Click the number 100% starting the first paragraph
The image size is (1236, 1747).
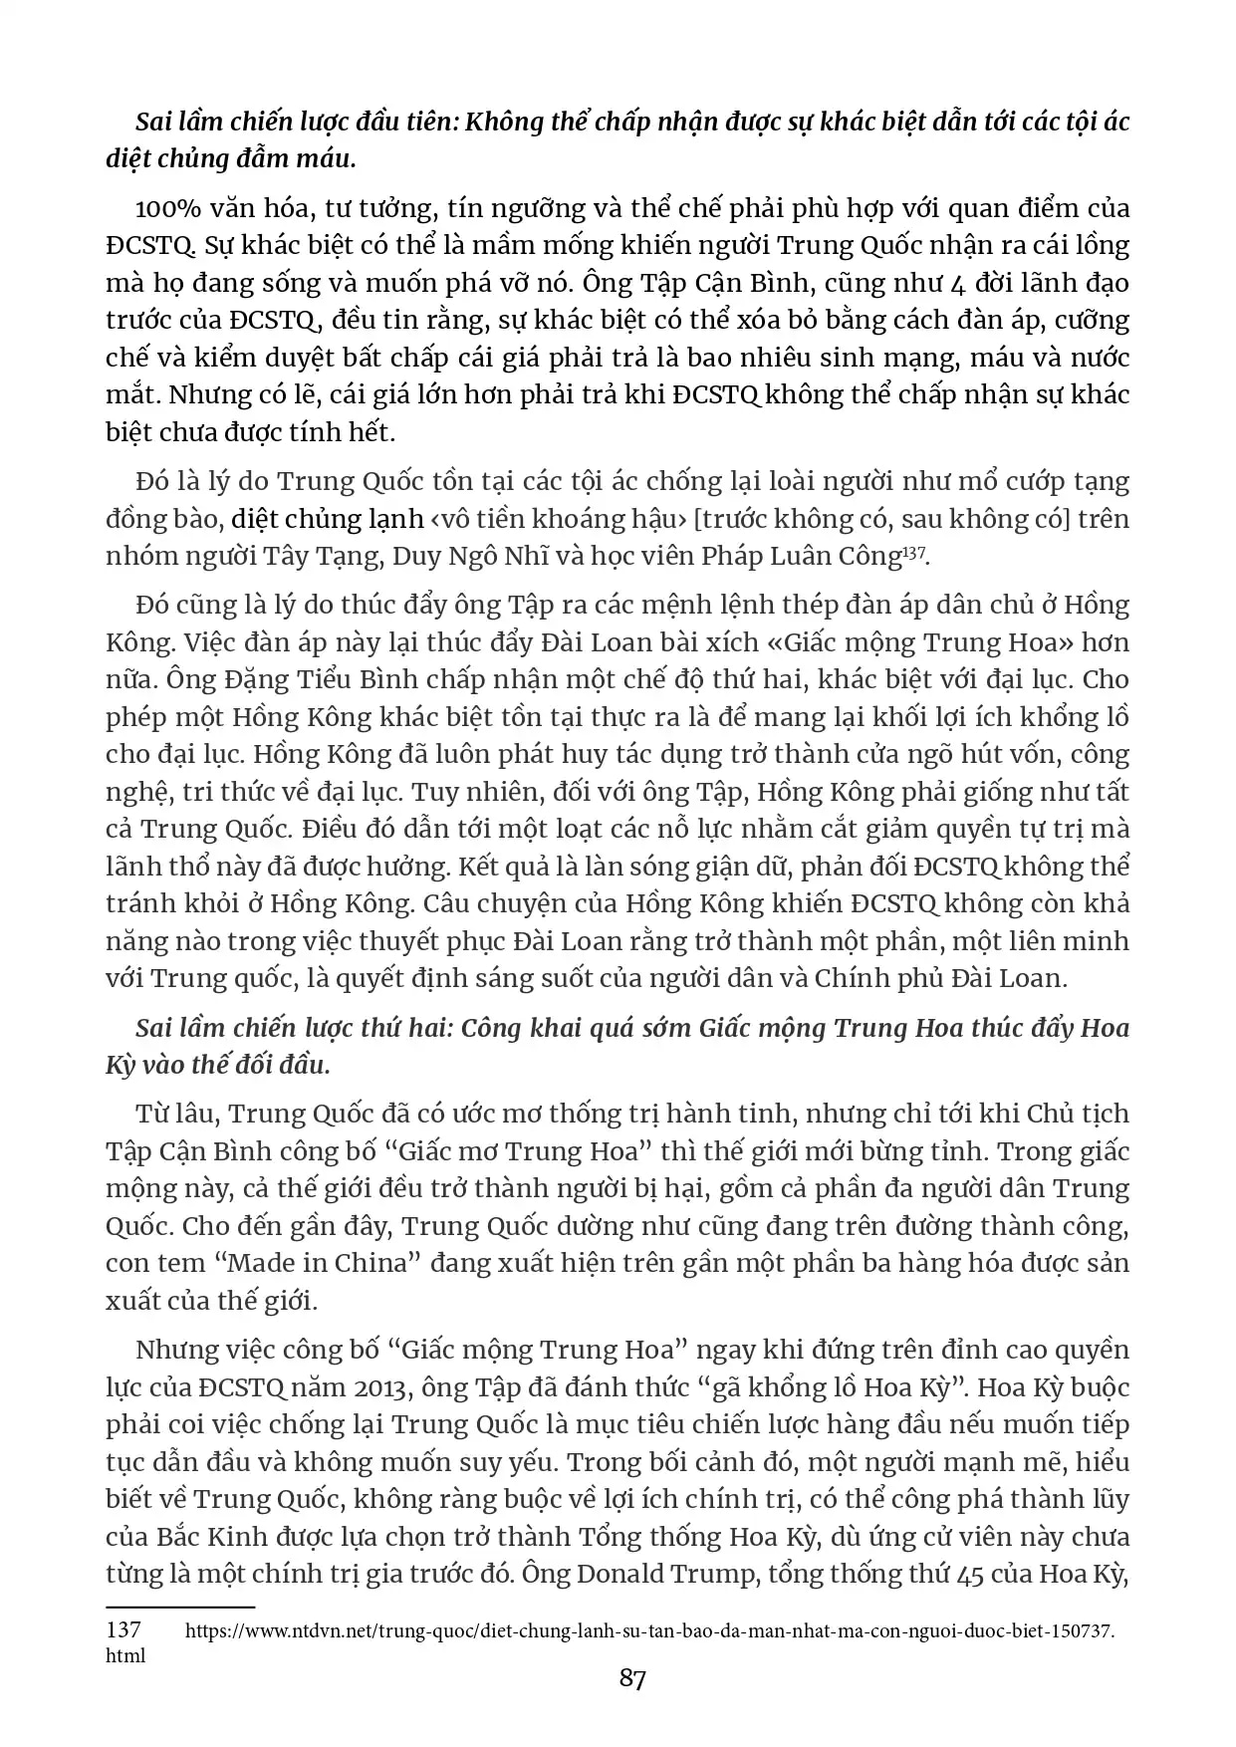[170, 209]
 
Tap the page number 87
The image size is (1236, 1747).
[632, 1679]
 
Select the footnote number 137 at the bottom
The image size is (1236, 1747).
[124, 1630]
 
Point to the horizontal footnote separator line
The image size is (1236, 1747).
[180, 1607]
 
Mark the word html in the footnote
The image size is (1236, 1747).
[125, 1655]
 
